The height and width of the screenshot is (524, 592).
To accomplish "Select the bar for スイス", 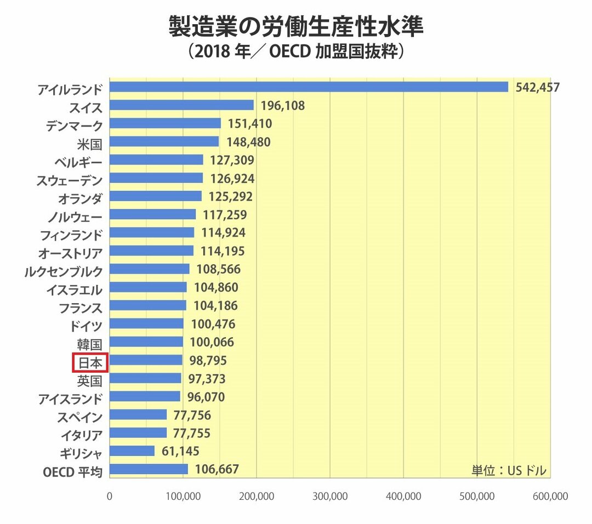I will click(x=181, y=105).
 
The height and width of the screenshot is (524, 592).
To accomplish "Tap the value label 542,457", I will click(x=537, y=87).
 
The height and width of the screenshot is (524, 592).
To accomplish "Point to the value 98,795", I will click(x=207, y=361).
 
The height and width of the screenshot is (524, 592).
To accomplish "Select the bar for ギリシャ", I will click(x=132, y=451).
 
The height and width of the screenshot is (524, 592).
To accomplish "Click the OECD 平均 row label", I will click(x=72, y=470).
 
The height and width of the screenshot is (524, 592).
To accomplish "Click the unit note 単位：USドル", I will click(x=509, y=470).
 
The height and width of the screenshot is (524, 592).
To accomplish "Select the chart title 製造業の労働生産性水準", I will click(x=295, y=26).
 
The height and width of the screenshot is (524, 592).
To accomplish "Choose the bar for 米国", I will click(x=164, y=142).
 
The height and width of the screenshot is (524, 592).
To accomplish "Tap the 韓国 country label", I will click(x=89, y=343).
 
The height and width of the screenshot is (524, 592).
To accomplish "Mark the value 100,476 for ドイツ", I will click(x=213, y=324).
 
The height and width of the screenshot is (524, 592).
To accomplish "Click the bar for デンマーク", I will click(x=165, y=123).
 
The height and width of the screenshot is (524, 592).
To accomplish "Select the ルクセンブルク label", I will click(x=64, y=270).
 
